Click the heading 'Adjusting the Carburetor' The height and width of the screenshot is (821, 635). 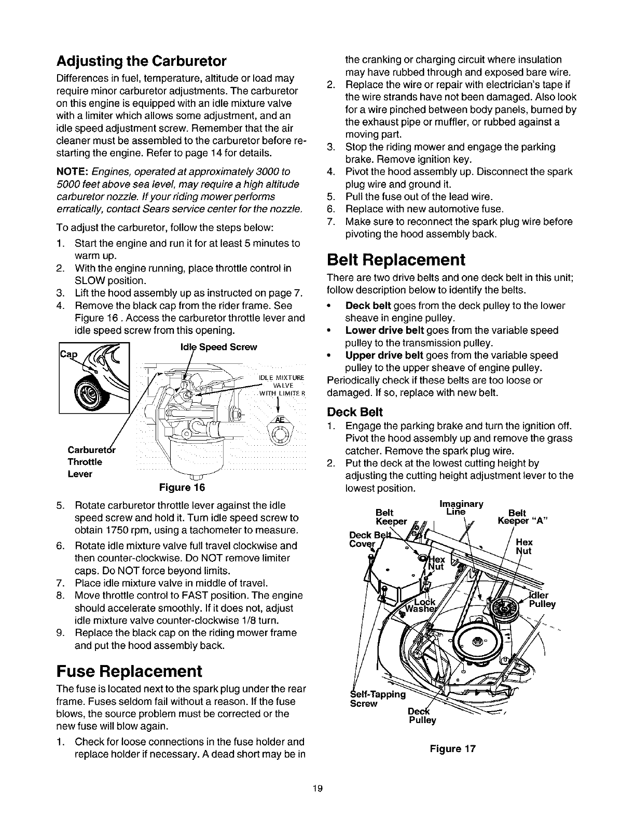[141, 62]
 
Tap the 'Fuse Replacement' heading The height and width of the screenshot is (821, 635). [128, 671]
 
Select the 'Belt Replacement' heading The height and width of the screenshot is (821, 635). [396, 259]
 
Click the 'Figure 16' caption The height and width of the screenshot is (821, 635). [182, 488]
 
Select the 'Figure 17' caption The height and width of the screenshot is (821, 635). [452, 749]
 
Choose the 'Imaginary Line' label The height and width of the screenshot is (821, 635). [461, 507]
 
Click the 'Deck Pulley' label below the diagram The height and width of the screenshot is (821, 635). [421, 715]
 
